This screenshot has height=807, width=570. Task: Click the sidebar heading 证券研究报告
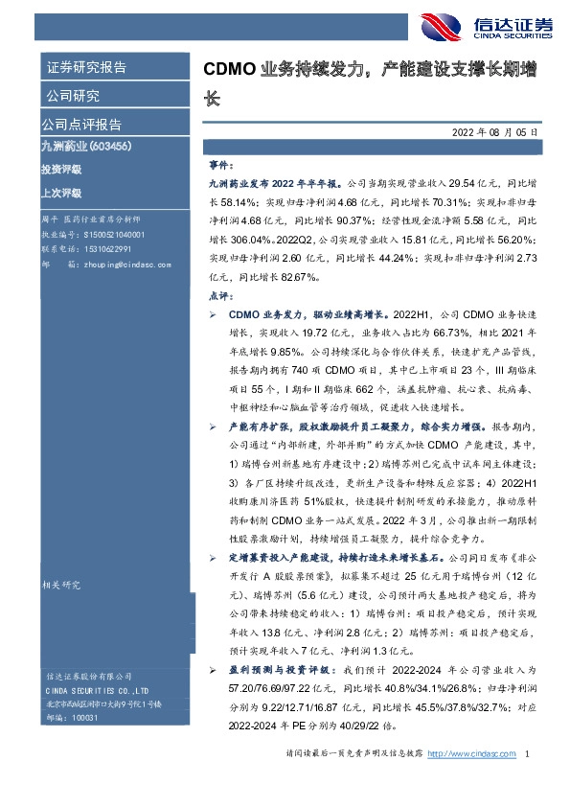(86, 67)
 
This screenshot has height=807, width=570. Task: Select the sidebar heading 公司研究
(73, 96)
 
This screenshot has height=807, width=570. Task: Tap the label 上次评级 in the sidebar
(61, 191)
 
